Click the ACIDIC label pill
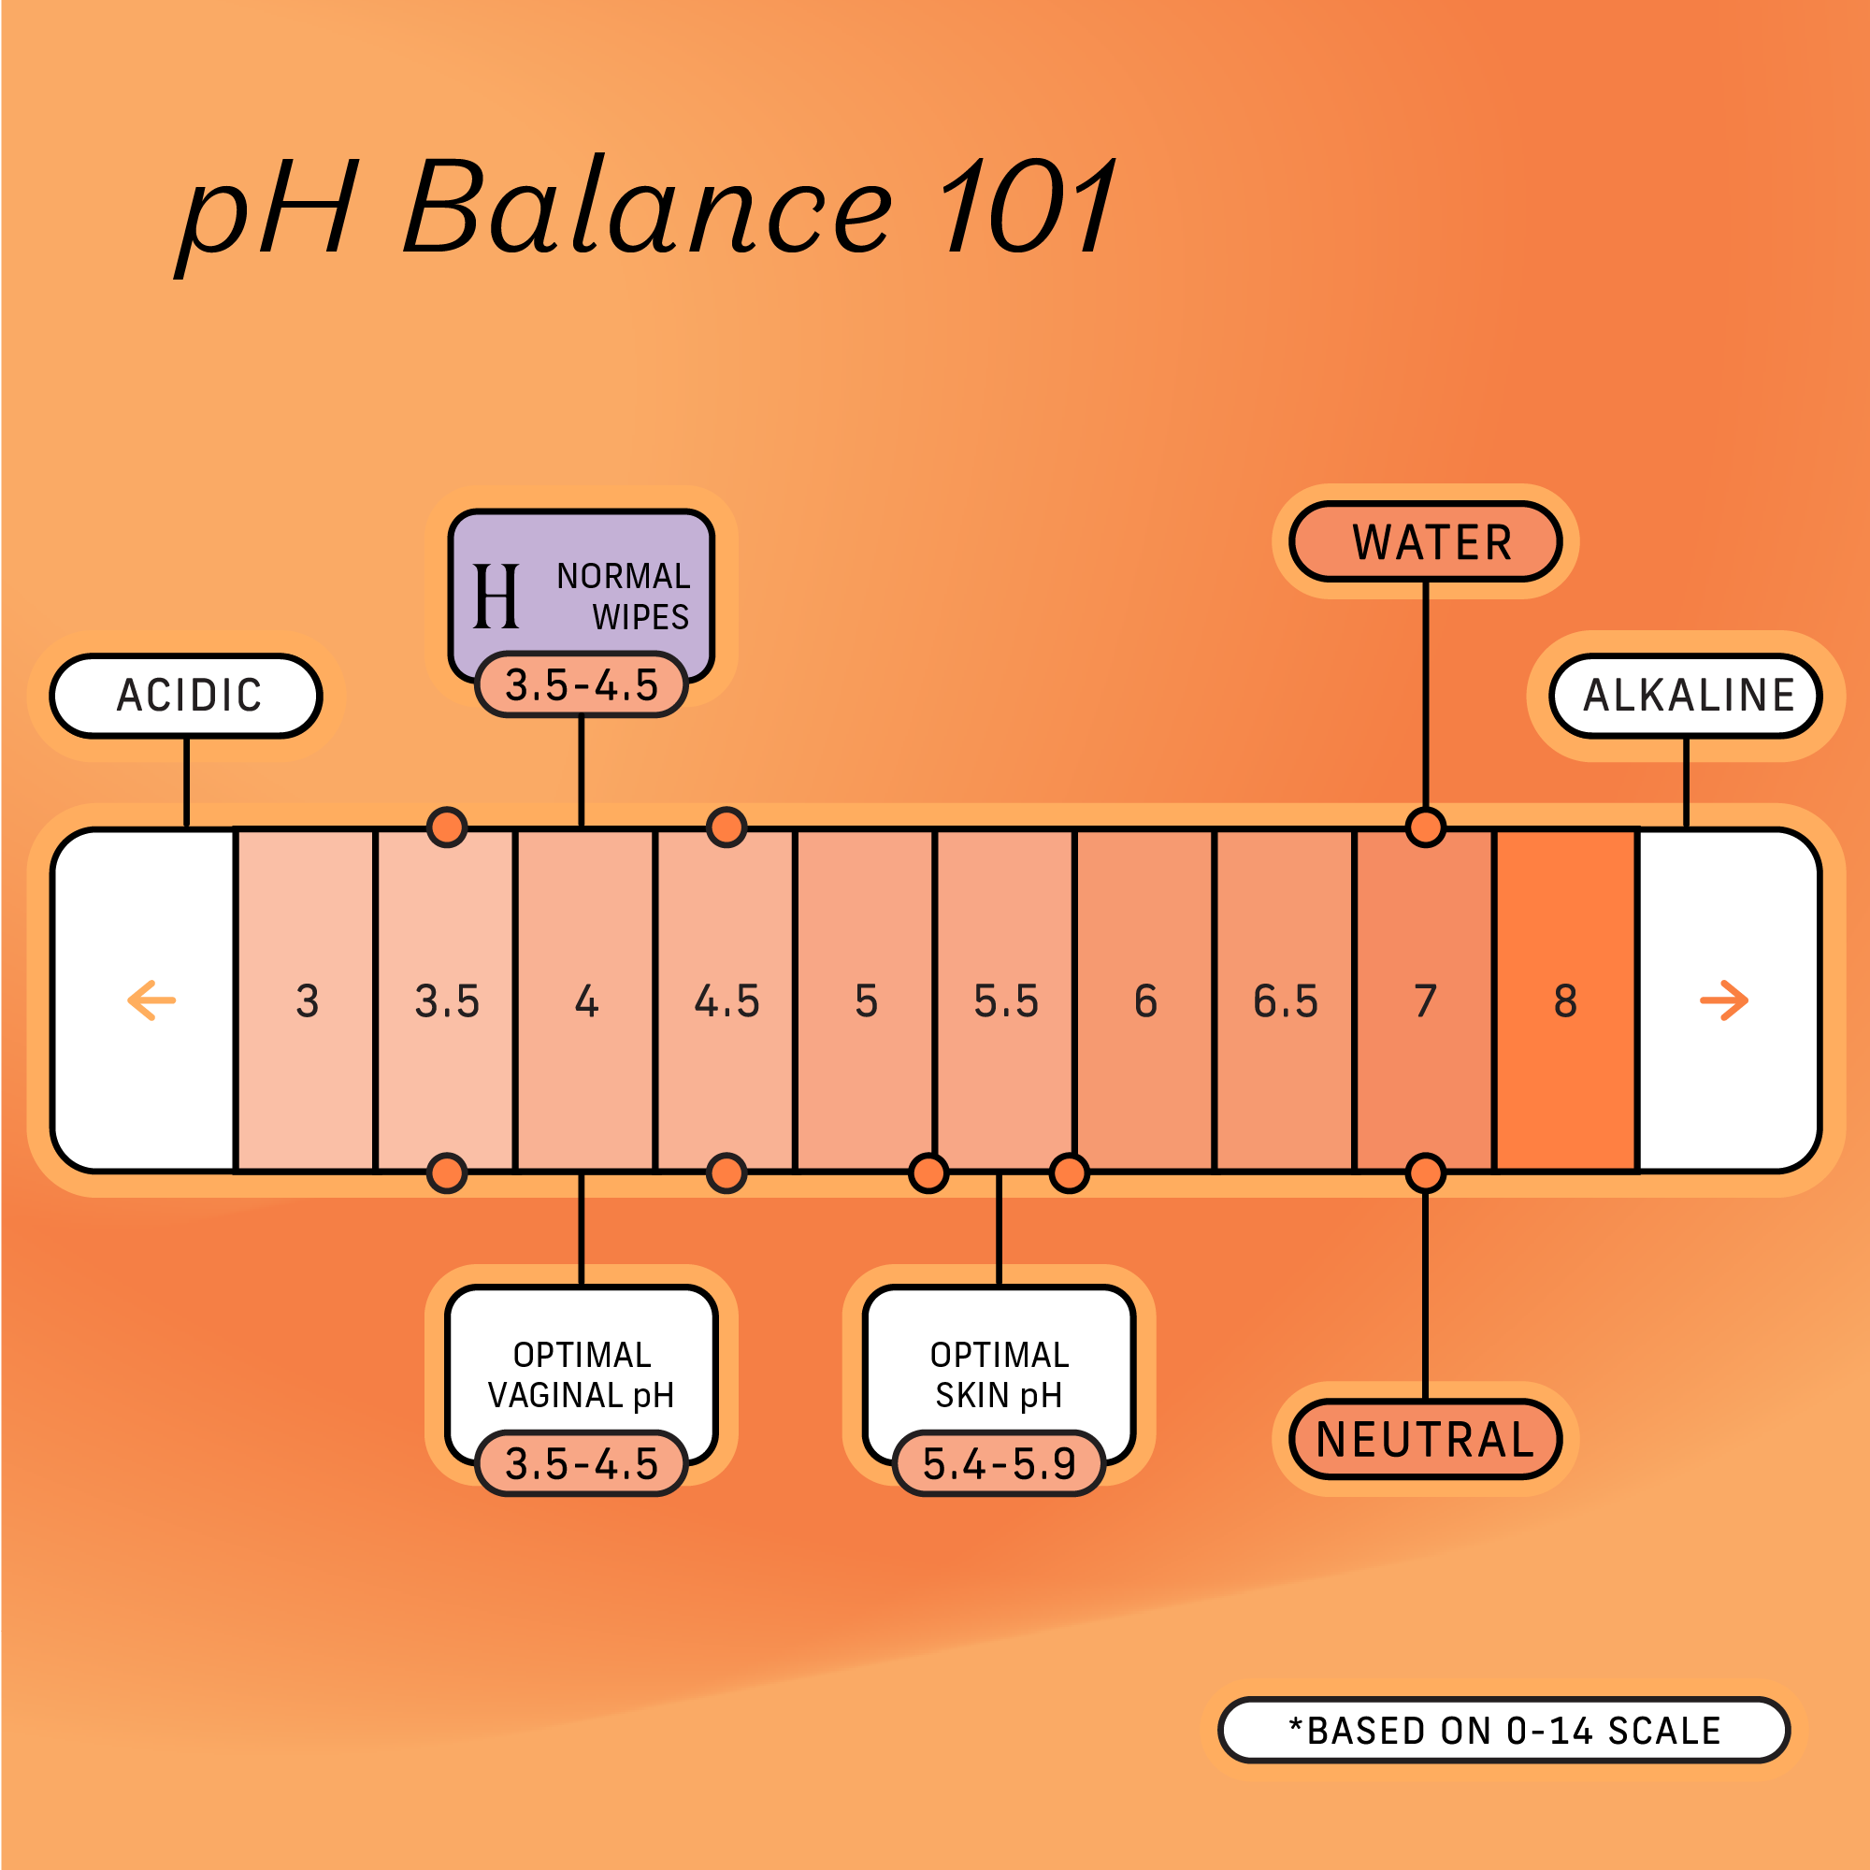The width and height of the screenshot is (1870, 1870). point(186,696)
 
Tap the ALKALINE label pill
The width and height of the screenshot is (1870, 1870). point(1686,696)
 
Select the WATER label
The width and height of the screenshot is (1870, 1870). point(1426,542)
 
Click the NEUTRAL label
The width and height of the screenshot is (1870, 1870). point(1426,1439)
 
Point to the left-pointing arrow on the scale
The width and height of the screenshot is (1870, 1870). point(152,1000)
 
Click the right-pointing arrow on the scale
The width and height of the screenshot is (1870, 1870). point(1724,1000)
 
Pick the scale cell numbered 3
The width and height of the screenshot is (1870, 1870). point(307,1000)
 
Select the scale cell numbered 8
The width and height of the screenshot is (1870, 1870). point(1565,1000)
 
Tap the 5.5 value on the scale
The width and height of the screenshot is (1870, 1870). point(1006,1000)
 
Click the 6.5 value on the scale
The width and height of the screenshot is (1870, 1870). point(1286,1000)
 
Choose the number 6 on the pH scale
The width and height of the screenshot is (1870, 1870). point(1145,1000)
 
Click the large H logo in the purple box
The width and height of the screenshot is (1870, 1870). point(496,597)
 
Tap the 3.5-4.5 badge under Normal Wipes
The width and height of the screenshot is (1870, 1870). point(582,685)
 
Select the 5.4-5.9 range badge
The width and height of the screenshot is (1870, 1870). point(999,1463)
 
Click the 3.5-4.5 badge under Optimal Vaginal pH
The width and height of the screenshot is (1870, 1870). point(582,1463)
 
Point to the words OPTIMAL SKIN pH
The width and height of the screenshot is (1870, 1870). point(999,1374)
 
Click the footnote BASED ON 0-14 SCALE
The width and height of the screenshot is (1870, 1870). point(1504,1731)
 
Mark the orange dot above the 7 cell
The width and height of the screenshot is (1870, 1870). point(1426,827)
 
